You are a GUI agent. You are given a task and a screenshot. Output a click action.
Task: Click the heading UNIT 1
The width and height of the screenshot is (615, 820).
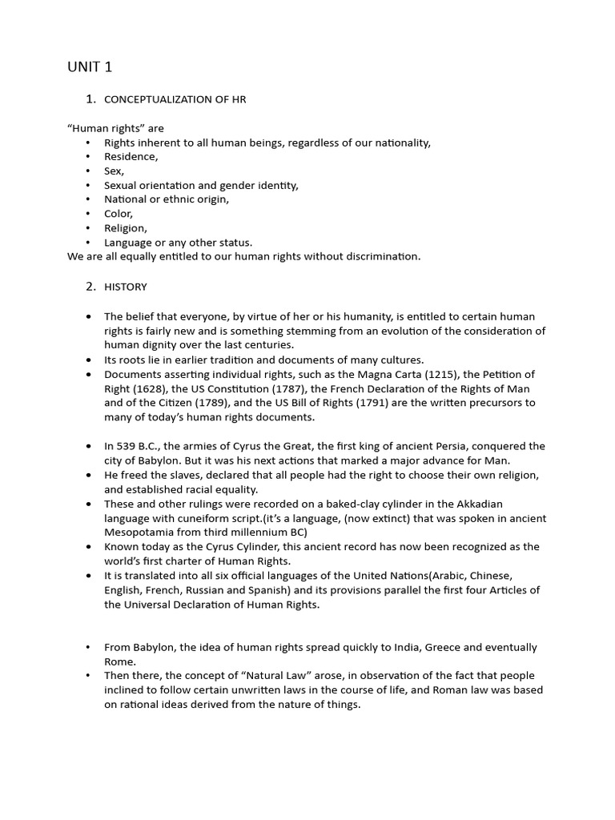pyautogui.click(x=90, y=67)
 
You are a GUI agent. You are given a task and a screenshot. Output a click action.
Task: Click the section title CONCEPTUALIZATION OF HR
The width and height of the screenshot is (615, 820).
pyautogui.click(x=180, y=99)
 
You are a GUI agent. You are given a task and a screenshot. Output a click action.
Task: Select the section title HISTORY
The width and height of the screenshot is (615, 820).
pyautogui.click(x=126, y=287)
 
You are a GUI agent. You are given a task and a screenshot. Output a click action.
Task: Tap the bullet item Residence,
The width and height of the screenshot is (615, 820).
pyautogui.click(x=131, y=157)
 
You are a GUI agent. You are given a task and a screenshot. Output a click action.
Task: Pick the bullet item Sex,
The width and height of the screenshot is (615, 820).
pyautogui.click(x=115, y=171)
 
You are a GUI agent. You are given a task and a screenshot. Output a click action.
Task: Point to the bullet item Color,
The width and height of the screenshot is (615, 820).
pyautogui.click(x=119, y=214)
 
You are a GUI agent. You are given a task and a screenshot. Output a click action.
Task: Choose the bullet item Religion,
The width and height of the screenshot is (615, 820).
pyautogui.click(x=126, y=228)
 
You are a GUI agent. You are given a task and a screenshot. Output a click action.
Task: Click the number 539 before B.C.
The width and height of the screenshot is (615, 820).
pyautogui.click(x=126, y=446)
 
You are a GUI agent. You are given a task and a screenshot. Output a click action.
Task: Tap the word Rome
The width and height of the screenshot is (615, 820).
pyautogui.click(x=119, y=661)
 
